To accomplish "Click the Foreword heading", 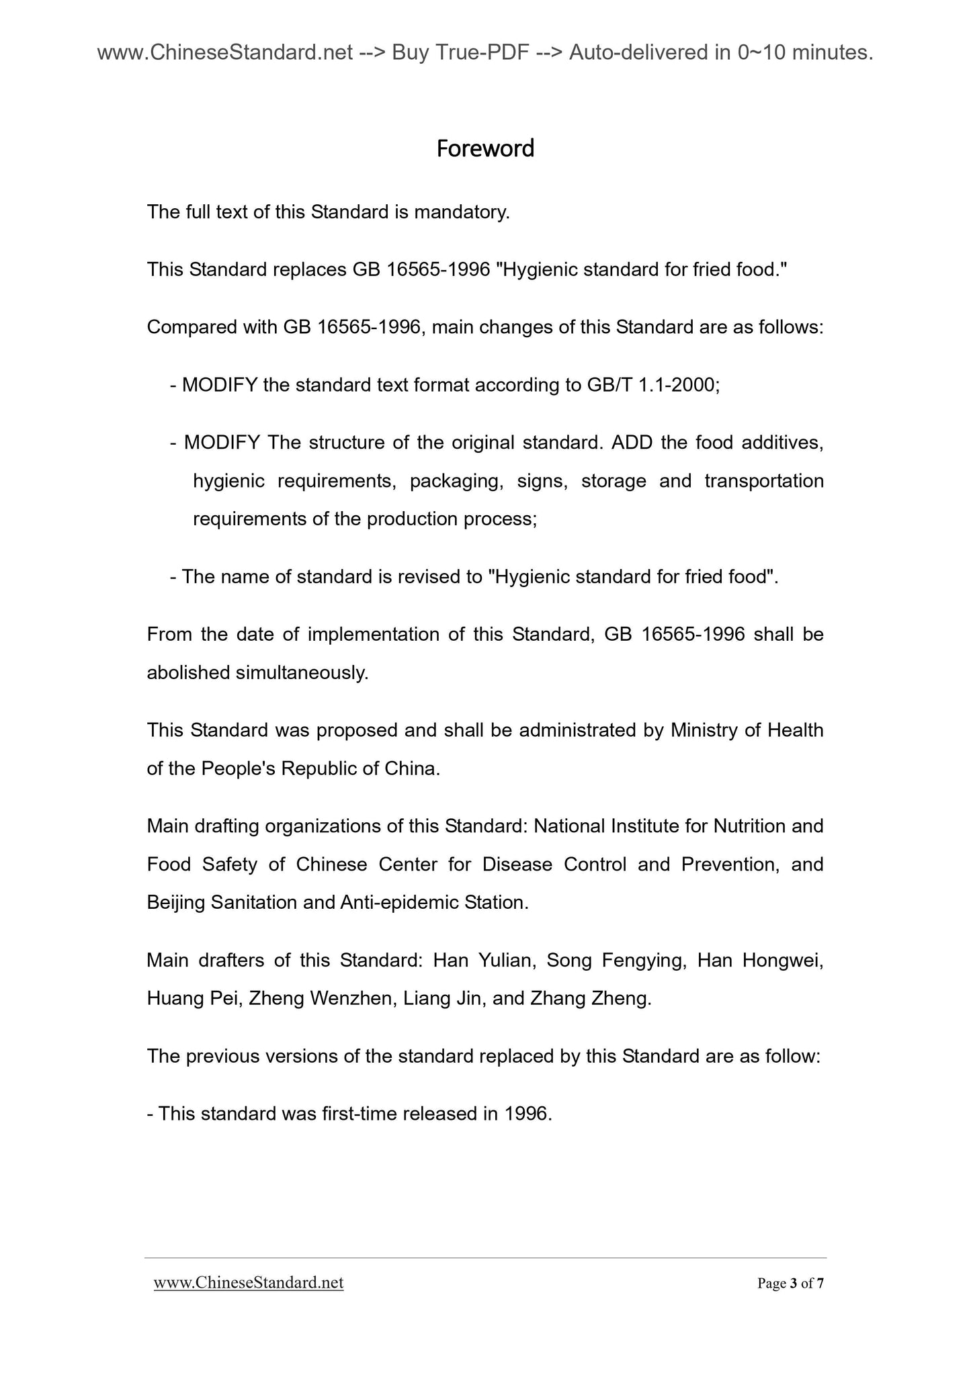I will click(x=485, y=148).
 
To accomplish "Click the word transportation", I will click(x=764, y=481).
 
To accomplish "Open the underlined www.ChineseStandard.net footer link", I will click(x=249, y=1283).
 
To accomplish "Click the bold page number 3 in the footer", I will click(x=793, y=1284).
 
